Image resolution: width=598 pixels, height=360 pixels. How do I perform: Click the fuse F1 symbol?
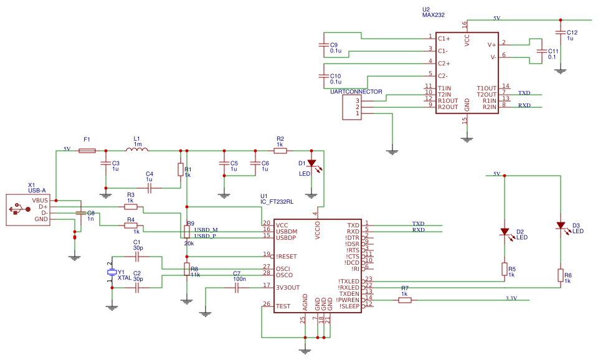click(87, 151)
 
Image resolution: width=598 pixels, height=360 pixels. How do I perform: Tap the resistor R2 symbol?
click(280, 151)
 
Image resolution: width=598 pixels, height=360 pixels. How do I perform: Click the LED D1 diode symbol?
click(311, 163)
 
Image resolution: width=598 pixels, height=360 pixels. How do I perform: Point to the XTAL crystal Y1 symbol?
click(112, 273)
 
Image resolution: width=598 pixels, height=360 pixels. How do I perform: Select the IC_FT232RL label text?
click(277, 202)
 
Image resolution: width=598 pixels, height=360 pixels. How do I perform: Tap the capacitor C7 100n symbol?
click(237, 287)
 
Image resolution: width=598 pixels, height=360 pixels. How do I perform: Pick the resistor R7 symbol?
click(405, 300)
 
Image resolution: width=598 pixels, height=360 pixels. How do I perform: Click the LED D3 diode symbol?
click(560, 226)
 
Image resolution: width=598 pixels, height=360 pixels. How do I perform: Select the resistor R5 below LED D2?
click(504, 268)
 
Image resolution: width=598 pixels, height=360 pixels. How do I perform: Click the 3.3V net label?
click(511, 298)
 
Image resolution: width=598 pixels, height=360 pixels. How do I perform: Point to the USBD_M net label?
click(206, 230)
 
